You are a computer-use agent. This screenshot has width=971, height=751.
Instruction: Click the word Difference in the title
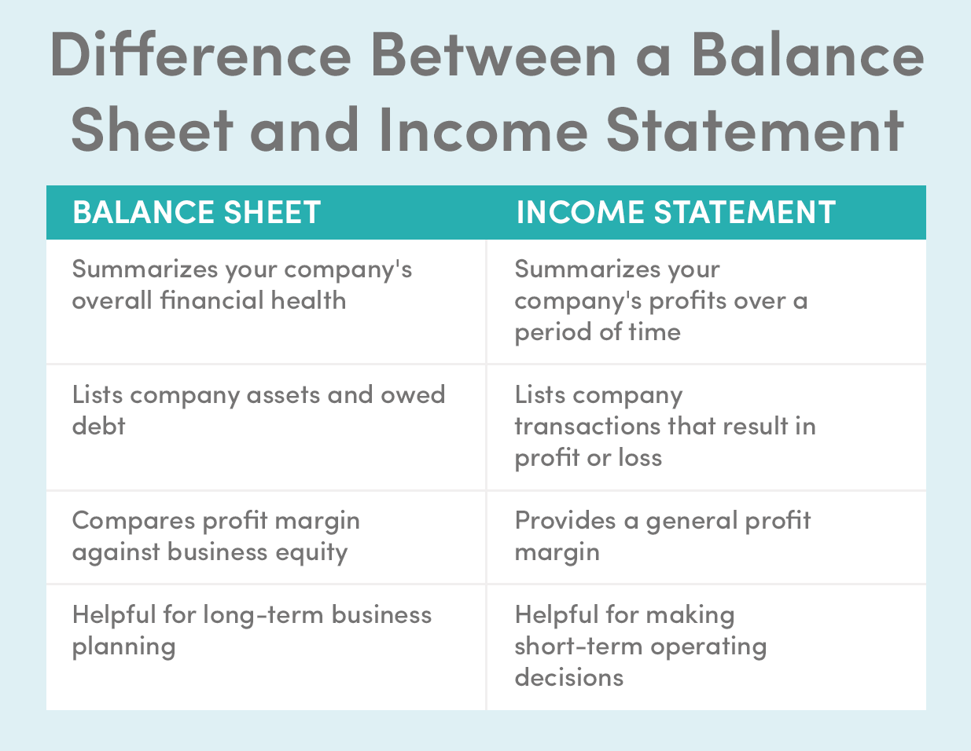(x=200, y=54)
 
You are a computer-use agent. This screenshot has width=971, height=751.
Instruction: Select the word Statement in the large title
(x=755, y=130)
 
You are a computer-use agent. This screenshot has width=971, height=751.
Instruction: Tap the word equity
(x=311, y=553)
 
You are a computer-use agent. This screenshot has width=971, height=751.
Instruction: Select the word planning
(x=123, y=647)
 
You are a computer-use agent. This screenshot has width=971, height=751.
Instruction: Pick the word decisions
(x=568, y=677)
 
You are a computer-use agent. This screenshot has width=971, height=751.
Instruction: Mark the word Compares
(x=134, y=522)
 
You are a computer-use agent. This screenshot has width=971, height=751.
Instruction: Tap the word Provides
(x=565, y=520)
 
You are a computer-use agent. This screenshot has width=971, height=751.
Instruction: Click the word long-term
(x=263, y=616)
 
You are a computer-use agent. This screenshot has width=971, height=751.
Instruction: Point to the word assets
(x=283, y=396)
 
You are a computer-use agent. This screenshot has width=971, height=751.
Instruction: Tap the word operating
(x=708, y=647)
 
